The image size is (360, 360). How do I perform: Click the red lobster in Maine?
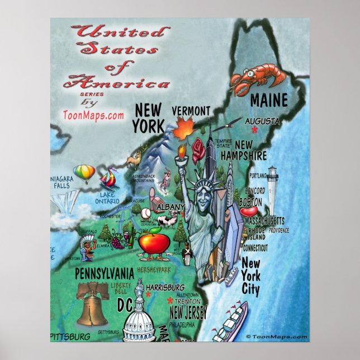pyautogui.click(x=250, y=78)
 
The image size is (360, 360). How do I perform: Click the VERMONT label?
pyautogui.click(x=191, y=110)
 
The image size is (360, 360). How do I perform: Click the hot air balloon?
pyautogui.click(x=83, y=173)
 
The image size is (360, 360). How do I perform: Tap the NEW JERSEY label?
pyautogui.click(x=188, y=312)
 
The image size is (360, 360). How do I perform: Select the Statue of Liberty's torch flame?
pyautogui.click(x=182, y=149)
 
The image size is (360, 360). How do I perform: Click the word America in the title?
pyautogui.click(x=116, y=84)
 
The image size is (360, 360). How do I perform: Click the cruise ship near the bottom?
pyautogui.click(x=230, y=323)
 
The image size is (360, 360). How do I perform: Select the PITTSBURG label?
pyautogui.click(x=70, y=337)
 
